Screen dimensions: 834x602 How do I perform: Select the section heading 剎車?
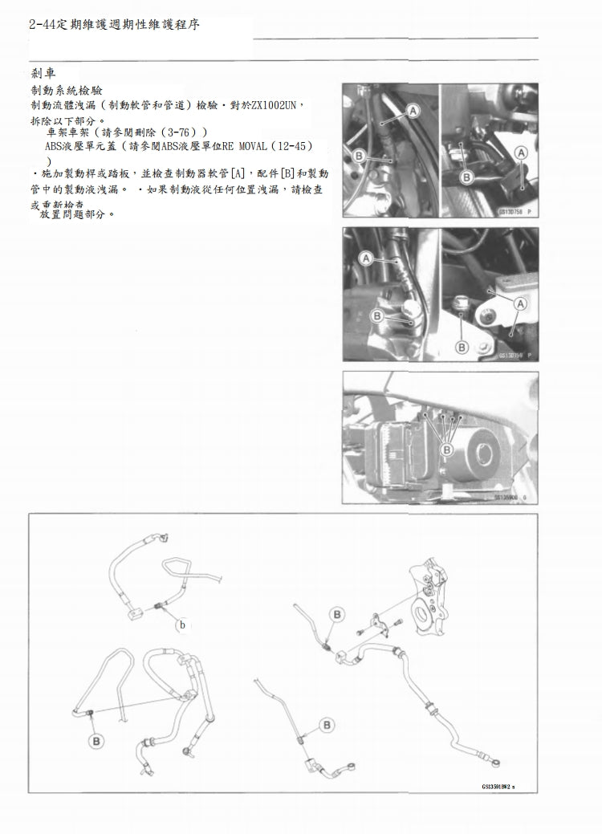point(44,74)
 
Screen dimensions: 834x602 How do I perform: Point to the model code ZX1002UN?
point(274,105)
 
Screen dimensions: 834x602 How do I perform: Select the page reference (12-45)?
point(288,147)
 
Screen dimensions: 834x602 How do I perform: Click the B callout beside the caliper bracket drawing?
point(336,614)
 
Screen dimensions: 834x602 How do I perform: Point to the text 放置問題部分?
point(75,214)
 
